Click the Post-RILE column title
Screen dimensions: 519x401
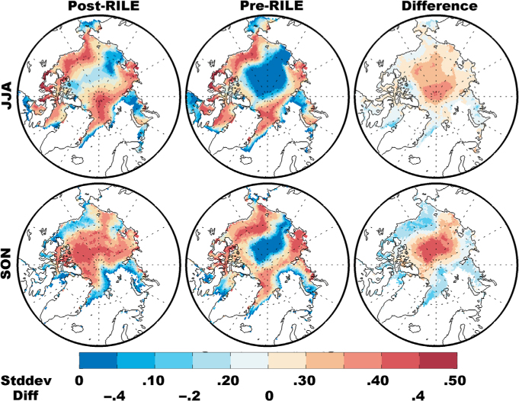click(104, 6)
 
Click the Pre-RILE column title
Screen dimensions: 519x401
click(271, 6)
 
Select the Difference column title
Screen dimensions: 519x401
click(439, 6)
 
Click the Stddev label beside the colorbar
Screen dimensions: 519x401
click(26, 381)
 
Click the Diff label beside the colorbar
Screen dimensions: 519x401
click(25, 395)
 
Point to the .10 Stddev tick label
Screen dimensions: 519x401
click(153, 381)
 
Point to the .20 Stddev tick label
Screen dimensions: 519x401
click(229, 381)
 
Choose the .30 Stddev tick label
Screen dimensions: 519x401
click(304, 381)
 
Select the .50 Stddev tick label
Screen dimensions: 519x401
click(455, 381)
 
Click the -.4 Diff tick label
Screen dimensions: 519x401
click(114, 396)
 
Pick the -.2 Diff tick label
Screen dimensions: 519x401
click(189, 396)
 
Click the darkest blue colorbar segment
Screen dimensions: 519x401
click(98, 361)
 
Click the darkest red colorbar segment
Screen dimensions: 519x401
click(438, 361)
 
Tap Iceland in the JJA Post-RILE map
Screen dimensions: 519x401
click(77, 160)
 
